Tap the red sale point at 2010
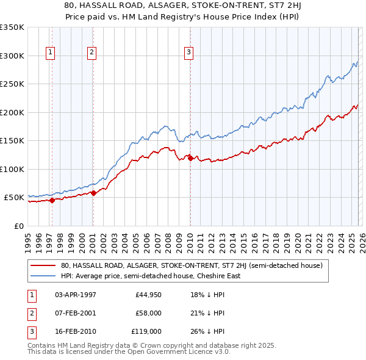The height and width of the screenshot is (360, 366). point(190,158)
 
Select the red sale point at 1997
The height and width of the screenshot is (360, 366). point(52,200)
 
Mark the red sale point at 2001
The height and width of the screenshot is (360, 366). point(93,193)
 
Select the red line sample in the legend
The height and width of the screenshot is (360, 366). point(43,265)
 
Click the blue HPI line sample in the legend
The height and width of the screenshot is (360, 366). point(43,276)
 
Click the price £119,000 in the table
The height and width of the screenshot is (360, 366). point(146,331)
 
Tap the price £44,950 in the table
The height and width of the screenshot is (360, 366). point(148,295)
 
